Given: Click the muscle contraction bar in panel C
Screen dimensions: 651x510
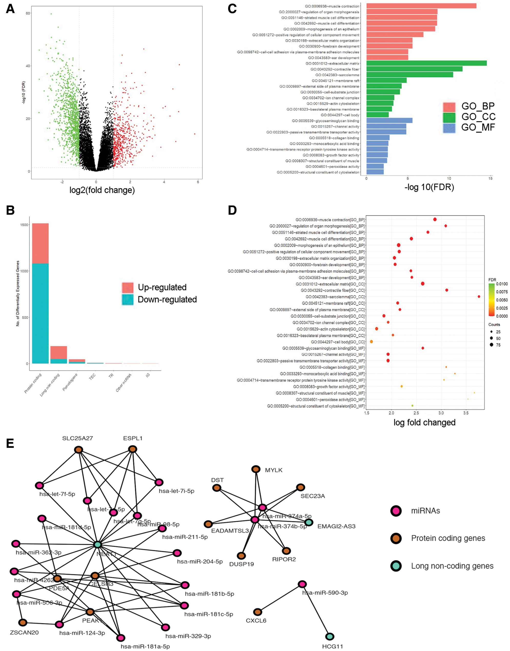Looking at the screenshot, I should [x=421, y=6].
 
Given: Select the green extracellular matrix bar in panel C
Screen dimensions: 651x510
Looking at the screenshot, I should [x=426, y=63].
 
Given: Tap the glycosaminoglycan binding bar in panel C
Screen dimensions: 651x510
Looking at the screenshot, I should [x=389, y=121].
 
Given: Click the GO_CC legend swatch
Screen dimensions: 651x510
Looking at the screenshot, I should [x=449, y=117].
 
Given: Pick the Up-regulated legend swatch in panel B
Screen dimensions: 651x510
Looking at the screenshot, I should [x=128, y=287].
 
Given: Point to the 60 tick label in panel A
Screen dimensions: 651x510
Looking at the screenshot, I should [x=28, y=13].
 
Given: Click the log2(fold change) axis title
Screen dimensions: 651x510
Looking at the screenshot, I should [x=102, y=190].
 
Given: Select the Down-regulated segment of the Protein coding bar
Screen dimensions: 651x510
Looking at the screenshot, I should [x=40, y=313].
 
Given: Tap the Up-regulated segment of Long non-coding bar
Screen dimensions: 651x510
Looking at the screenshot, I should [x=58, y=353].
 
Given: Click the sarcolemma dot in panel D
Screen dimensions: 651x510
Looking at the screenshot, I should [x=479, y=297].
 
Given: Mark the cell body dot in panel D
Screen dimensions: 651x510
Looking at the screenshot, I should [x=371, y=342].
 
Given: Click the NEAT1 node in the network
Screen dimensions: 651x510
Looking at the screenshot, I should [x=98, y=544].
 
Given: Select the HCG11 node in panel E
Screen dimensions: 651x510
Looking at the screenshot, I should [x=330, y=636].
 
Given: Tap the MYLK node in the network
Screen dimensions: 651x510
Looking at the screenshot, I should [x=256, y=469].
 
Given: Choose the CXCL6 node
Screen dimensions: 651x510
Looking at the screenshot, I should [x=258, y=612].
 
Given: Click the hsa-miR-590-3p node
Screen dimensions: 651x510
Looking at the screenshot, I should [x=302, y=584].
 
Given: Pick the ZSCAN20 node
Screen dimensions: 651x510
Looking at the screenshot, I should [x=23, y=622].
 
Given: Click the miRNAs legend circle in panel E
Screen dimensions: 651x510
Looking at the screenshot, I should [x=396, y=511].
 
